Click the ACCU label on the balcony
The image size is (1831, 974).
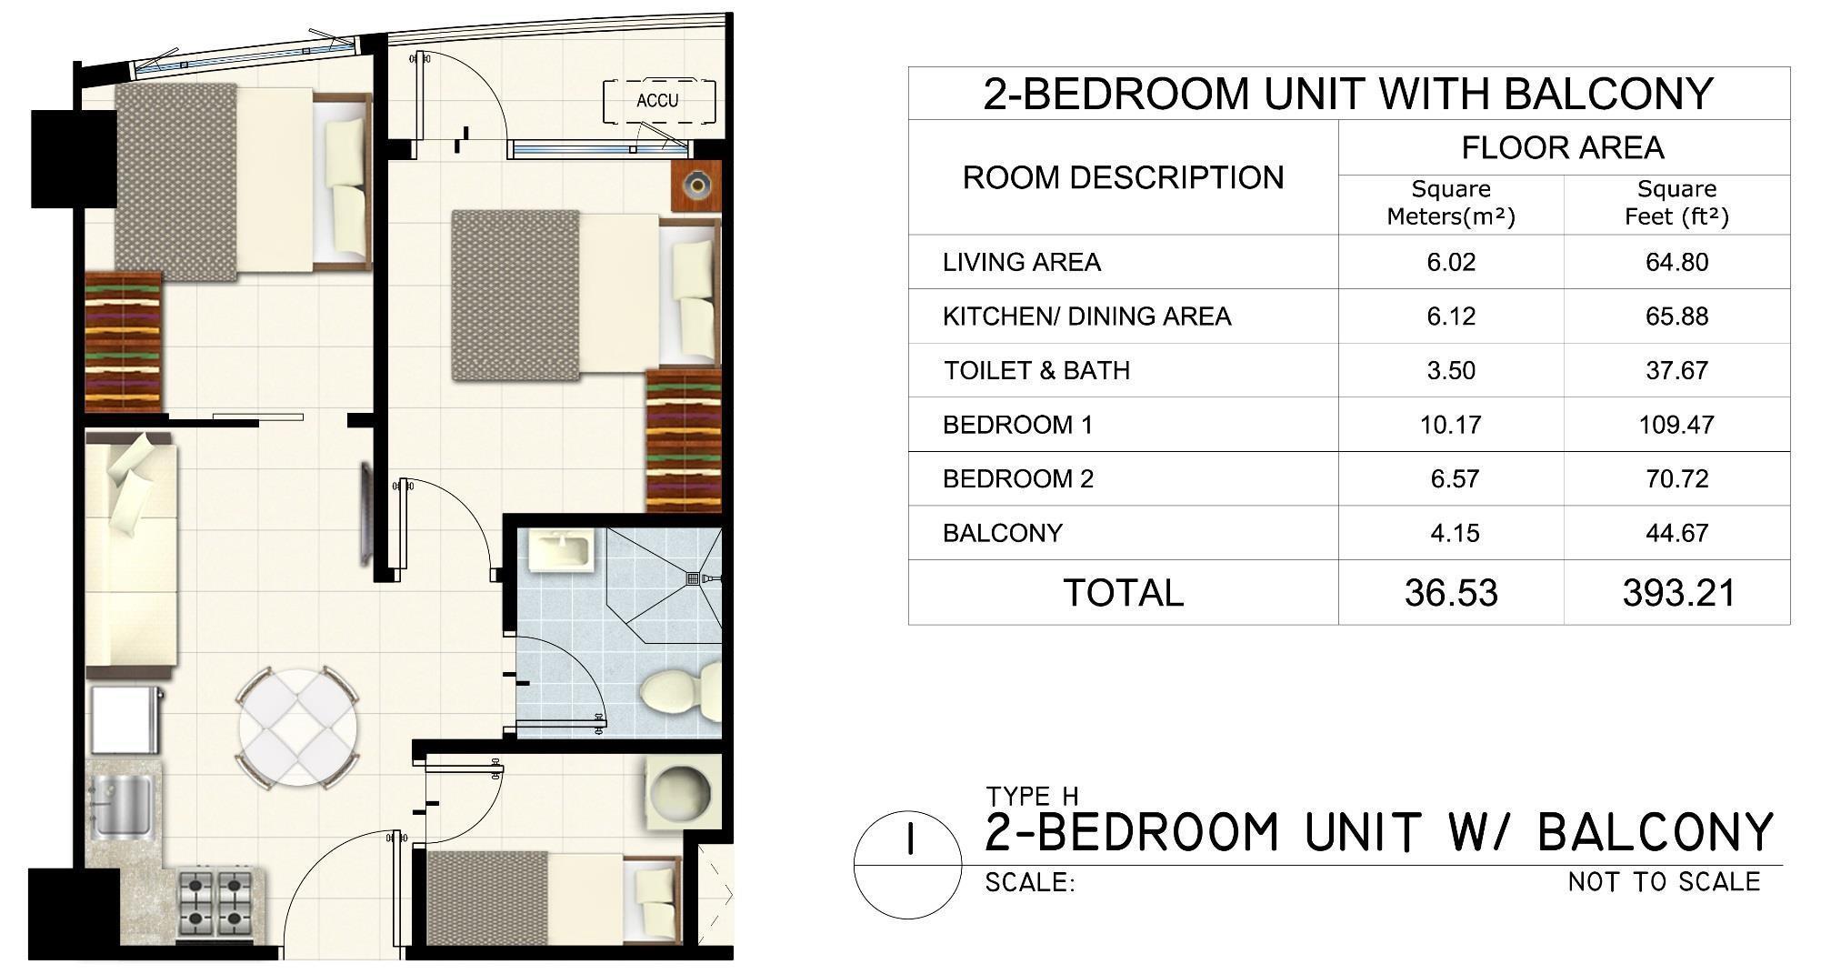(x=657, y=101)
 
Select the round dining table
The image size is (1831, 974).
(x=297, y=728)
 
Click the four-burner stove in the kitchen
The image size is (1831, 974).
(x=215, y=904)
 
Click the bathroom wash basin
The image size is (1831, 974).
(x=561, y=553)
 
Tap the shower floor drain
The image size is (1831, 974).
(x=694, y=577)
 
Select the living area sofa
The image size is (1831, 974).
(x=131, y=556)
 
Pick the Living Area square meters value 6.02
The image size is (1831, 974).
(x=1450, y=263)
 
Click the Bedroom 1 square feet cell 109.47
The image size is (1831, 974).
(x=1676, y=425)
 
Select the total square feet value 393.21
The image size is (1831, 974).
(x=1678, y=593)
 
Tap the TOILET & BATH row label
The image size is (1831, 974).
(x=1036, y=371)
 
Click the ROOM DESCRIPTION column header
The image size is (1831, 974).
(x=1123, y=177)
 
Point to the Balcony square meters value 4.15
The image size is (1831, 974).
(x=1455, y=533)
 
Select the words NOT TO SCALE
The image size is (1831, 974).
(x=1664, y=881)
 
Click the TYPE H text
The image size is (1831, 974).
(x=1032, y=797)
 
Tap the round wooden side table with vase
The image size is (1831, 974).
(x=696, y=186)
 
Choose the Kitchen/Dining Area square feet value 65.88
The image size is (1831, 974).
(x=1676, y=316)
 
